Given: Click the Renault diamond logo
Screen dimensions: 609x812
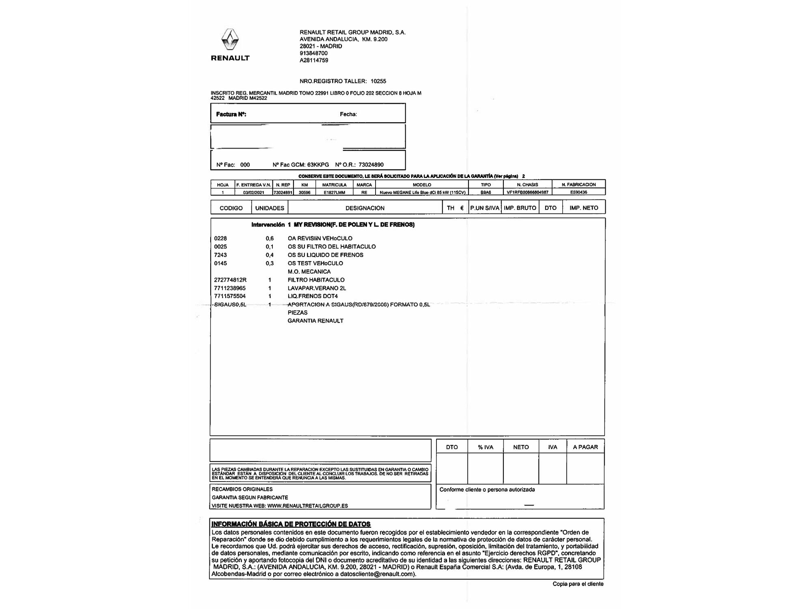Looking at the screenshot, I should (230, 40).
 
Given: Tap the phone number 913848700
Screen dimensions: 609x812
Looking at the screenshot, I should (313, 53).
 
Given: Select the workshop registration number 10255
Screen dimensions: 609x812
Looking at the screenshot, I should (378, 81).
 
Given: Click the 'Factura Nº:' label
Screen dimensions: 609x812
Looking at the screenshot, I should (231, 114).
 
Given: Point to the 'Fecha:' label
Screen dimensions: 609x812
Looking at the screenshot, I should (348, 114).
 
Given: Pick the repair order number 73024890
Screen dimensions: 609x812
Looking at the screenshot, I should (371, 165).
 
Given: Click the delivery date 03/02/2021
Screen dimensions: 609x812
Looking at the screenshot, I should (253, 192).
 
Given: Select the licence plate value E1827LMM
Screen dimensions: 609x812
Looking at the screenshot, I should (334, 192).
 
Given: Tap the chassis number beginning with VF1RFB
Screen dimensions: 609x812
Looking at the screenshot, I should (527, 192).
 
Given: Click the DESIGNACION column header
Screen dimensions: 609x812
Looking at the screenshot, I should (365, 208).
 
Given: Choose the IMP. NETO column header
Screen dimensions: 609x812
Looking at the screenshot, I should (583, 208).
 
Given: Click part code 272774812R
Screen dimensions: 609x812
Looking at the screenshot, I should (230, 280).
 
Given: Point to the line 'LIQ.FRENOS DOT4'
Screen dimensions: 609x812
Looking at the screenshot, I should (313, 296).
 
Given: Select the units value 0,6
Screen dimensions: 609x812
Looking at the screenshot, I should (270, 238).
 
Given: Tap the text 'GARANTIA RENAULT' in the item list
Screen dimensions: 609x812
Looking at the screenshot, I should (315, 321).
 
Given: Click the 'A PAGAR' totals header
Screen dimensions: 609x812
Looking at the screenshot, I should (585, 447).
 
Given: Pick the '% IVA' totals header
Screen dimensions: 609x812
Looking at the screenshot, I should (485, 447).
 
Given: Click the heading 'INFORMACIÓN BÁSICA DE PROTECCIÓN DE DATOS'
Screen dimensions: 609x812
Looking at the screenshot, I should (291, 524).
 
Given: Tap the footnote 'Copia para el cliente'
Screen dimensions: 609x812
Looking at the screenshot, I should (578, 584).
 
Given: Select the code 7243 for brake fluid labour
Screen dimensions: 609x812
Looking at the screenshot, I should (220, 255).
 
